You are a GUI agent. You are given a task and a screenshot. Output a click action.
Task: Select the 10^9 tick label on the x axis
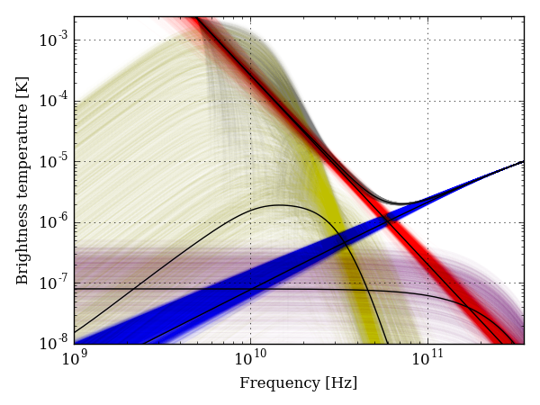pyautogui.click(x=75, y=359)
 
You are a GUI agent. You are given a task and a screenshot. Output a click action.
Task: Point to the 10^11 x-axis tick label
pyautogui.click(x=427, y=359)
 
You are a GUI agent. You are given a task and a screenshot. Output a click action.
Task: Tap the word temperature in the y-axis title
pyautogui.click(x=23, y=162)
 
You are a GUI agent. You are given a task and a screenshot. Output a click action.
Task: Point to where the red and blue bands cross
pyautogui.click(x=388, y=219)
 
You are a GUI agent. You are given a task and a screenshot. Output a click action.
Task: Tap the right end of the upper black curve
pyautogui.click(x=523, y=162)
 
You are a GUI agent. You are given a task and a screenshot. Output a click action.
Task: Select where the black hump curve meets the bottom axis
pyautogui.click(x=388, y=343)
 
